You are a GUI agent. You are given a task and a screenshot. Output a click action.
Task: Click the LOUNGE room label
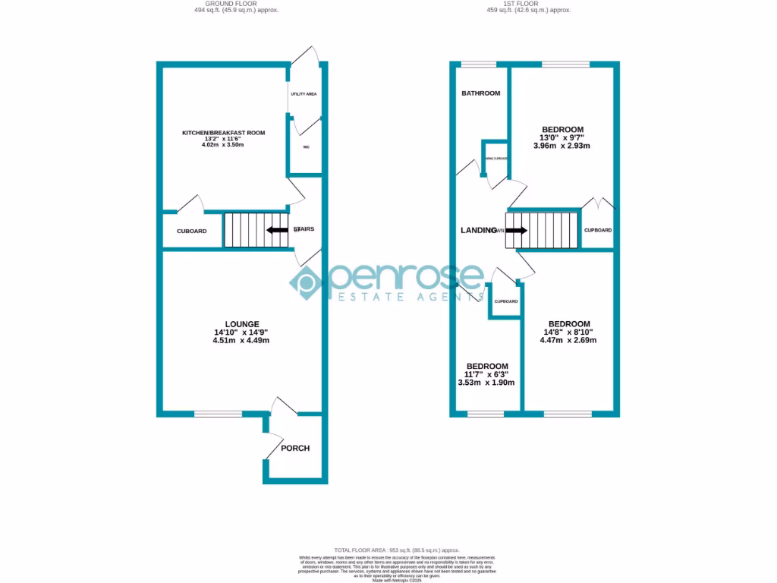point(241,324)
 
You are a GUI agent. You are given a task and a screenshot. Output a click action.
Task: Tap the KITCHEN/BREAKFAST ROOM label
point(223,133)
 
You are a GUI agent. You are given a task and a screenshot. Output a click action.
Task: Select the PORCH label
point(295,448)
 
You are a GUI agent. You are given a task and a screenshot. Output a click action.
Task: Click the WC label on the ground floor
point(306,147)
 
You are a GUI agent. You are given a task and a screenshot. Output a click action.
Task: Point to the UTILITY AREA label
point(304,93)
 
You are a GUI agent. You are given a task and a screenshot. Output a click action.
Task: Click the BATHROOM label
point(481,93)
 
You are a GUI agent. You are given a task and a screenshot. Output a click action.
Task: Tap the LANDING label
point(477,230)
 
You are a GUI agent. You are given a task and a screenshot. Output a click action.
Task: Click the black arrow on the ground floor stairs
point(276,230)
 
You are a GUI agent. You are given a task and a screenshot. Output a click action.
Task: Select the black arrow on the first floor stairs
point(516,231)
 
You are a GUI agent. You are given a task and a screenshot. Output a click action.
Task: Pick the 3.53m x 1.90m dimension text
point(486,383)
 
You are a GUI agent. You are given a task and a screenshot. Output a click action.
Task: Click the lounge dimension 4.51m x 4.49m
point(241,341)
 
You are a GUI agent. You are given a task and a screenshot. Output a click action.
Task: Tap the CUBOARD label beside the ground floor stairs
point(191,232)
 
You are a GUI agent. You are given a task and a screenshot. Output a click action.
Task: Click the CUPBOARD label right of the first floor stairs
point(598,230)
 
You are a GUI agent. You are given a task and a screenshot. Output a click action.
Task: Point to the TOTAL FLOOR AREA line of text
point(397,550)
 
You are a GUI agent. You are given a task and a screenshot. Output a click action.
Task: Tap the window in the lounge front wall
point(218,414)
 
